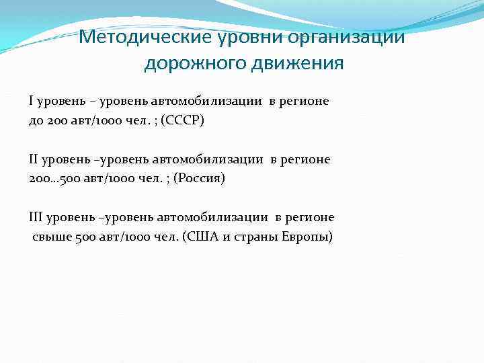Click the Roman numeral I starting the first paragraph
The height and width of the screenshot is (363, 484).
[x=31, y=102]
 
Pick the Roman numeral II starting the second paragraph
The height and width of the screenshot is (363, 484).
[x=34, y=160]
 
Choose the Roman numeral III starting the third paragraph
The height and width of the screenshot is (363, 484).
[x=36, y=218]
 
